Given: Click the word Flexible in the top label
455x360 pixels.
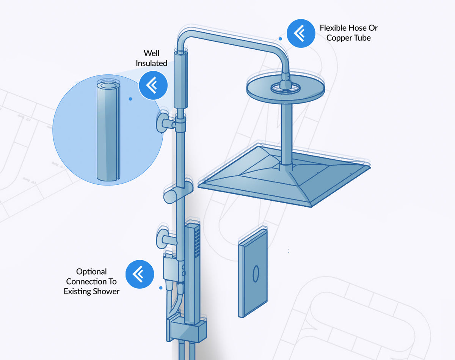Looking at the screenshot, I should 333,28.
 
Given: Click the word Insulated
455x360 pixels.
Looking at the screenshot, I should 151,63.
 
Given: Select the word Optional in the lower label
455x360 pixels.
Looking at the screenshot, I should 91,272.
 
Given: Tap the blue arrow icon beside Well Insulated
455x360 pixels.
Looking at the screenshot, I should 153,86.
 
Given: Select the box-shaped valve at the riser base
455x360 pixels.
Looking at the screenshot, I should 188,330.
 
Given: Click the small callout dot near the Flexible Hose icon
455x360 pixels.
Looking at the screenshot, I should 280,39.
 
